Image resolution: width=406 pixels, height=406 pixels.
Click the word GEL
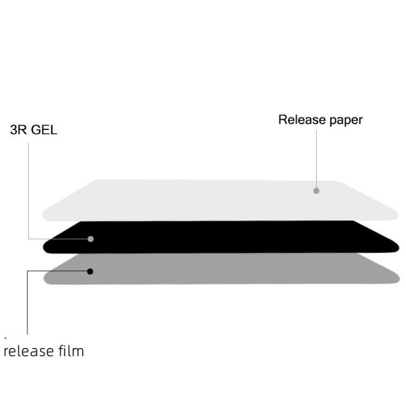coord(44,130)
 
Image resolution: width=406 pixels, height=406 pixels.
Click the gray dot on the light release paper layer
coord(316,191)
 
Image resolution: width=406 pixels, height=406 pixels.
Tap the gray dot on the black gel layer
coord(91,239)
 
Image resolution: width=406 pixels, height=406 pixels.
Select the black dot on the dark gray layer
coord(90,272)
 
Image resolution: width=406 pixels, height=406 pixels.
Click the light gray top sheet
coord(220,200)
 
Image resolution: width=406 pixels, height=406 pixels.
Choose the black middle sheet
coord(220,237)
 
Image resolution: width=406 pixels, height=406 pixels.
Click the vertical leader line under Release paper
coord(316,159)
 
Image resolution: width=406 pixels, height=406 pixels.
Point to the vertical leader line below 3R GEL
coord(28,191)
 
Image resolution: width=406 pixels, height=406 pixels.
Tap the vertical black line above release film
coord(27,302)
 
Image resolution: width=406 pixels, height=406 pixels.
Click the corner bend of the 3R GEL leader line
coord(28,239)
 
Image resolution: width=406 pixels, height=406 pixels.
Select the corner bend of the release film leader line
coord(27,271)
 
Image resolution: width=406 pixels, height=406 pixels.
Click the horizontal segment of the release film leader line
coord(57,271)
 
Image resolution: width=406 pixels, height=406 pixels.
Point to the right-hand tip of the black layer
coord(398,248)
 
